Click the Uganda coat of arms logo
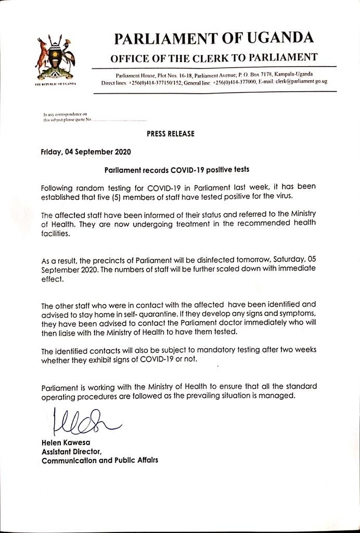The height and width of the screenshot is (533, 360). coord(55,58)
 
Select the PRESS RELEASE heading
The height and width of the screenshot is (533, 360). coord(170,134)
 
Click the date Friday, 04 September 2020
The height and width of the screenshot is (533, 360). coord(86,152)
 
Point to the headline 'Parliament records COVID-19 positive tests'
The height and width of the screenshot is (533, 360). coord(177,170)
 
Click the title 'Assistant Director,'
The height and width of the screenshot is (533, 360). coord(71,451)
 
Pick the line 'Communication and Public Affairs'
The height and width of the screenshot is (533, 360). coord(100,461)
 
